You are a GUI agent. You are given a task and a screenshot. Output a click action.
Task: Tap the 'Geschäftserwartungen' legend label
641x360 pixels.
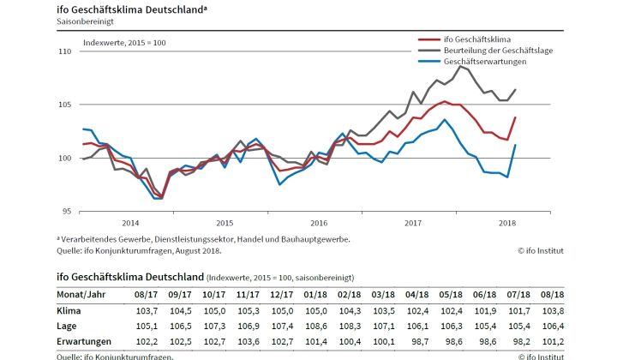click(x=484, y=63)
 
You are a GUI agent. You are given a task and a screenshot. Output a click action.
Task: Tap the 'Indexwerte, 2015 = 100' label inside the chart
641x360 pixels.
click(x=124, y=42)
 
